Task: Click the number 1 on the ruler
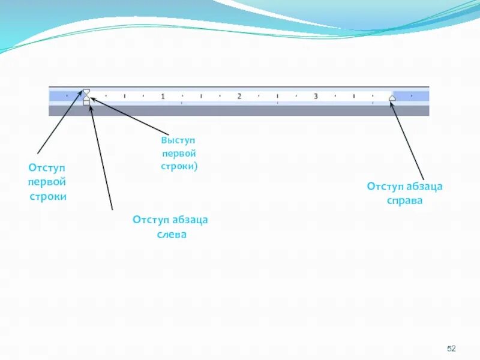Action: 163,96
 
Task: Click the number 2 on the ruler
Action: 239,96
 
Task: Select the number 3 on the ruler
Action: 316,96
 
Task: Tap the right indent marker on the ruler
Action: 392,97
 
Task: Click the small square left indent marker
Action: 86,103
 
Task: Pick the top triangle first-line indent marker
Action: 86,91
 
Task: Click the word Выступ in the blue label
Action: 178,140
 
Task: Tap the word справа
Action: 404,200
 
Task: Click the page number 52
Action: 452,349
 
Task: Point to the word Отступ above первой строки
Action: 47,167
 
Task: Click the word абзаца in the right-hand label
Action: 424,187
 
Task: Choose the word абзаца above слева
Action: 189,220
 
